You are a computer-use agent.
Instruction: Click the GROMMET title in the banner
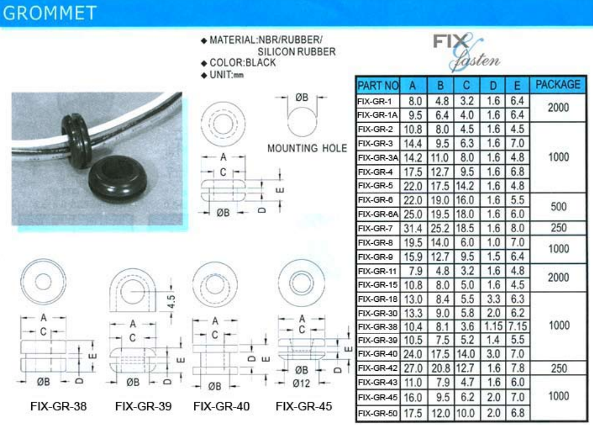(x=49, y=13)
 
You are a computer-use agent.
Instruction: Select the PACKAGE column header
(x=558, y=84)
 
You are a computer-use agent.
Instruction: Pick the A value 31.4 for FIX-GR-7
(x=413, y=228)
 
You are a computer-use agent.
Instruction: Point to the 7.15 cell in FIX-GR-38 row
(x=517, y=326)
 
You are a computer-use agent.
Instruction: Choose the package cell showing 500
(x=559, y=207)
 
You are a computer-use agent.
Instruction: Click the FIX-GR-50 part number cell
(x=377, y=413)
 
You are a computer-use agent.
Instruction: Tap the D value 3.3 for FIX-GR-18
(x=493, y=299)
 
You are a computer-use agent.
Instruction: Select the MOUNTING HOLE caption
(x=307, y=148)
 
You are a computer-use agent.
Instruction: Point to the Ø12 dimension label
(x=301, y=383)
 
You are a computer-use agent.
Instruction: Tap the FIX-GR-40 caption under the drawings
(x=222, y=406)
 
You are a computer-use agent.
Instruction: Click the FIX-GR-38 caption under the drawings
(x=59, y=406)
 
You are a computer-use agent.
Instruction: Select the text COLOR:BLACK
(x=243, y=63)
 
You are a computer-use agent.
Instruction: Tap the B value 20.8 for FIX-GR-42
(x=441, y=368)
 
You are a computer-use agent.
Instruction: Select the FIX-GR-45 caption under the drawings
(x=304, y=406)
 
